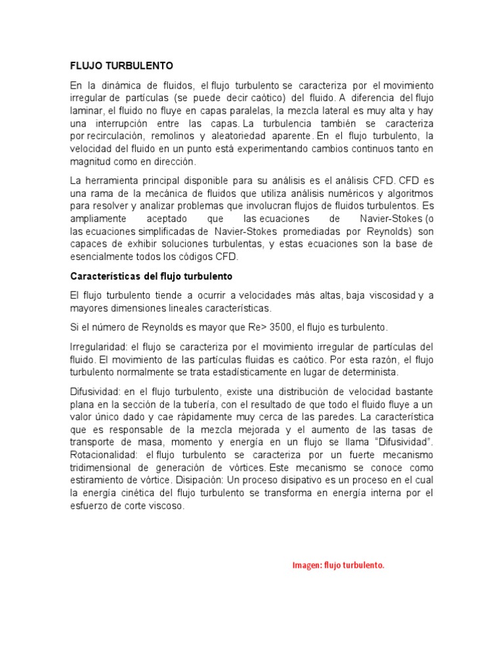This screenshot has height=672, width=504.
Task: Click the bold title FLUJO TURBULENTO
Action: [x=121, y=66]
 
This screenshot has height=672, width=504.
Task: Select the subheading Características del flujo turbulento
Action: [x=151, y=276]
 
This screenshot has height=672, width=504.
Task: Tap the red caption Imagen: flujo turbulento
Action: [x=338, y=565]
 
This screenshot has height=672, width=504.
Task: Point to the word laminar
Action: [x=86, y=111]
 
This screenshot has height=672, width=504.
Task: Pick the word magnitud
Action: [x=90, y=161]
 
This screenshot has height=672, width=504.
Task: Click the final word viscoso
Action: [x=163, y=506]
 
